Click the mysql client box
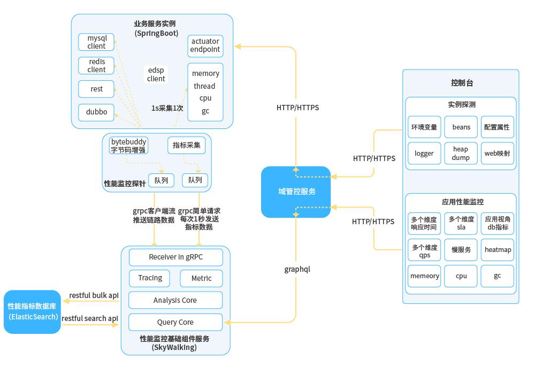tap(96, 42)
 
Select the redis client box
tap(96, 65)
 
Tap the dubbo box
tap(96, 112)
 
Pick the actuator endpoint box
tap(205, 45)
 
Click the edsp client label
tap(156, 74)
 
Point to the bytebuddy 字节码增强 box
tap(128, 146)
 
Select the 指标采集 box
tap(186, 146)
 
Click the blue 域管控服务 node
tap(296, 192)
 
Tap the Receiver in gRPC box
tap(175, 257)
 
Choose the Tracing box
tap(150, 278)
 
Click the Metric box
tap(201, 278)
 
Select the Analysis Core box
tap(175, 300)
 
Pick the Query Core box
tap(175, 322)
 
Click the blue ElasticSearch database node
tap(33, 312)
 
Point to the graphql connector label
tap(297, 269)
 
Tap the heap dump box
tap(461, 154)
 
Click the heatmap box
tap(498, 250)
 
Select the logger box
tap(424, 154)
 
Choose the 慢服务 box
tap(461, 250)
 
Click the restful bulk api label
tap(94, 295)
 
